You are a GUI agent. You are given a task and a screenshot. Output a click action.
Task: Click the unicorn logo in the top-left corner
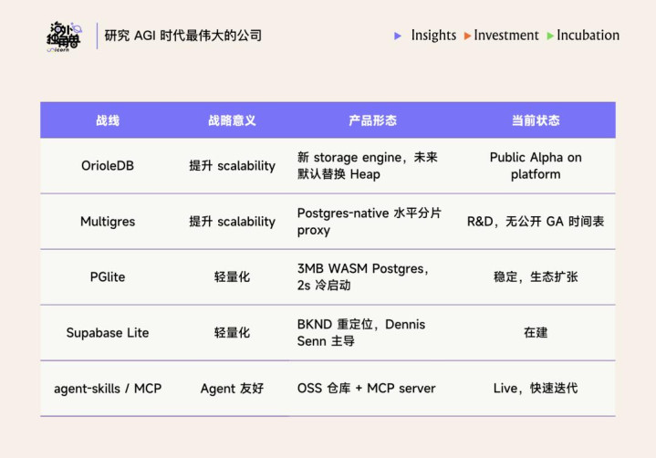pyautogui.click(x=64, y=36)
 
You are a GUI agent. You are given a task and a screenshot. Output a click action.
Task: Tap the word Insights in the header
pyautogui.click(x=433, y=36)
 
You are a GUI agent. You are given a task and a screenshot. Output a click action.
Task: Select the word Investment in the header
pyautogui.click(x=506, y=36)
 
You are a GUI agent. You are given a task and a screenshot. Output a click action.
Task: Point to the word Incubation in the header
pyautogui.click(x=588, y=36)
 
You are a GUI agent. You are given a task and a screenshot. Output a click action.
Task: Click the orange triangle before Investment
pyautogui.click(x=468, y=36)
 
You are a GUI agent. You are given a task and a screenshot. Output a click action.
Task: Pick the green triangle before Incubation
pyautogui.click(x=550, y=36)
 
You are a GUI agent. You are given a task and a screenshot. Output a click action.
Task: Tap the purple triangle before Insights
pyautogui.click(x=398, y=36)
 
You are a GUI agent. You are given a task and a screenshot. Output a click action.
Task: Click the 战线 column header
pyautogui.click(x=108, y=120)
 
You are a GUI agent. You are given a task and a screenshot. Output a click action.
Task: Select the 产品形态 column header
pyautogui.click(x=372, y=120)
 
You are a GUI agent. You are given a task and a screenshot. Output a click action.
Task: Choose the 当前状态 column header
pyautogui.click(x=536, y=120)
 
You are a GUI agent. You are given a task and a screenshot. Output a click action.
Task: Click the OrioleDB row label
pyautogui.click(x=108, y=166)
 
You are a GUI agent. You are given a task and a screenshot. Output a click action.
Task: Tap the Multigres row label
pyautogui.click(x=108, y=222)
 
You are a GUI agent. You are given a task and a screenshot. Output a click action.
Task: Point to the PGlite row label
pyautogui.click(x=108, y=276)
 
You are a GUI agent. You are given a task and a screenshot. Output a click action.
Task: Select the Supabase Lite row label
pyautogui.click(x=108, y=332)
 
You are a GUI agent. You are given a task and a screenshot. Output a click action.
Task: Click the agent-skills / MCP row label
pyautogui.click(x=108, y=389)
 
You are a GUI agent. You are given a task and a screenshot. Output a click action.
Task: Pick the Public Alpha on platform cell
pyautogui.click(x=536, y=166)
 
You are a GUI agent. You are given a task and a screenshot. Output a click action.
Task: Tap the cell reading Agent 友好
pyautogui.click(x=232, y=389)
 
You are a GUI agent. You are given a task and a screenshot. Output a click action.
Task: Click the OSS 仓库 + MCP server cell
pyautogui.click(x=366, y=388)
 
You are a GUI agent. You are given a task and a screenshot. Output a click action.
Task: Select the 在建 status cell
pyautogui.click(x=536, y=332)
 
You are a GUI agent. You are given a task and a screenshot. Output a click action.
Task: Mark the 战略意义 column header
pyautogui.click(x=232, y=120)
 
